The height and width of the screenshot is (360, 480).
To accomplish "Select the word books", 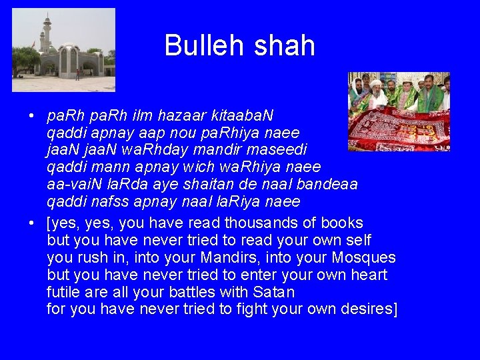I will point(342,223).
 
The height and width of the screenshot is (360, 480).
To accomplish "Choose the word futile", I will point(62,292).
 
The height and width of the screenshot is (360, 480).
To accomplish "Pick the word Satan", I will point(274,292).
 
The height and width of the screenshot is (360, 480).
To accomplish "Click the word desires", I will point(364,309).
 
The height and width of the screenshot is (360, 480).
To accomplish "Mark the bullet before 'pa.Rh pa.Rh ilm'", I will point(32,117).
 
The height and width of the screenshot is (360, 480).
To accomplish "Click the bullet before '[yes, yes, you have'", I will point(32,223).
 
